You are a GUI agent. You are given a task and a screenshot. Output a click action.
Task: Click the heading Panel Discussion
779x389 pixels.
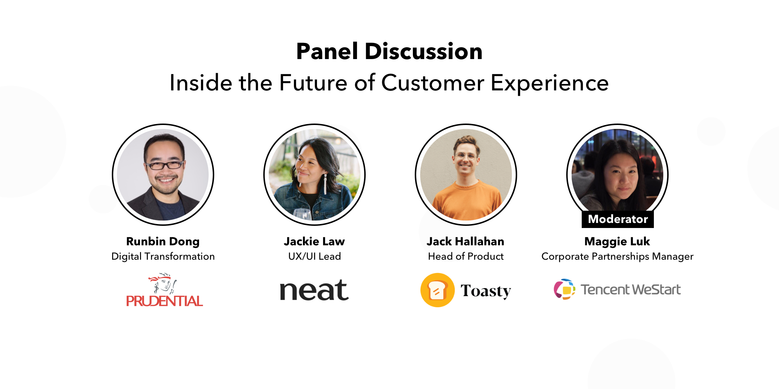coord(389,51)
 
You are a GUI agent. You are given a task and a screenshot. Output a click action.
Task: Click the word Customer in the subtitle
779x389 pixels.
coord(432,83)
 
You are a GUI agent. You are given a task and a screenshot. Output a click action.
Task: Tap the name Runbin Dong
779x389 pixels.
coord(163,241)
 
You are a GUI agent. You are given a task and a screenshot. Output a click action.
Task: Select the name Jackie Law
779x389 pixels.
coord(314,241)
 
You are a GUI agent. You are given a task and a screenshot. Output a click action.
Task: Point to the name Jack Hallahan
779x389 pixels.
coord(466,241)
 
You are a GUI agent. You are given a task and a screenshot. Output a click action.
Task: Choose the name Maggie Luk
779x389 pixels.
coord(617,241)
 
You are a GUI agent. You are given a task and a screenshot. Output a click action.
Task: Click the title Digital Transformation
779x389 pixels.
coord(163,256)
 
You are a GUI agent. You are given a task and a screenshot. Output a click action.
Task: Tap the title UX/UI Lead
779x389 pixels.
coord(314,256)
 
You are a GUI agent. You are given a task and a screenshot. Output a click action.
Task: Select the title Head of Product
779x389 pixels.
coord(466,256)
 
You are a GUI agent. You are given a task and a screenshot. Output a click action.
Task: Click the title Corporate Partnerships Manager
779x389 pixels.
coord(617,256)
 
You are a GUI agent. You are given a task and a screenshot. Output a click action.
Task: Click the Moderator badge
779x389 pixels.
coord(618,219)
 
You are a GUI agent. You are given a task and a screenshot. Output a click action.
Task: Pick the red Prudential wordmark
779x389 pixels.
coord(164,301)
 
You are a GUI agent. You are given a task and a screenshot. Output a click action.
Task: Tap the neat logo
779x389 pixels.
coord(314,290)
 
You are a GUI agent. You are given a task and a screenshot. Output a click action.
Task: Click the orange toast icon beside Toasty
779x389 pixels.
coord(437,290)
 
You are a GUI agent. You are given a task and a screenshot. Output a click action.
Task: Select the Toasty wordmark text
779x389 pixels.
coord(486,291)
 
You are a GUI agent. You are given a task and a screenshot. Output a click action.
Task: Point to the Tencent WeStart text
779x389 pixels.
coord(630,290)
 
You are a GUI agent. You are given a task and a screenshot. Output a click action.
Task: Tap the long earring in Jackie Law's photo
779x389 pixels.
coord(325,184)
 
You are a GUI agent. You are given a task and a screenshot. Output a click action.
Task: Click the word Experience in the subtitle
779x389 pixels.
coord(550,83)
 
